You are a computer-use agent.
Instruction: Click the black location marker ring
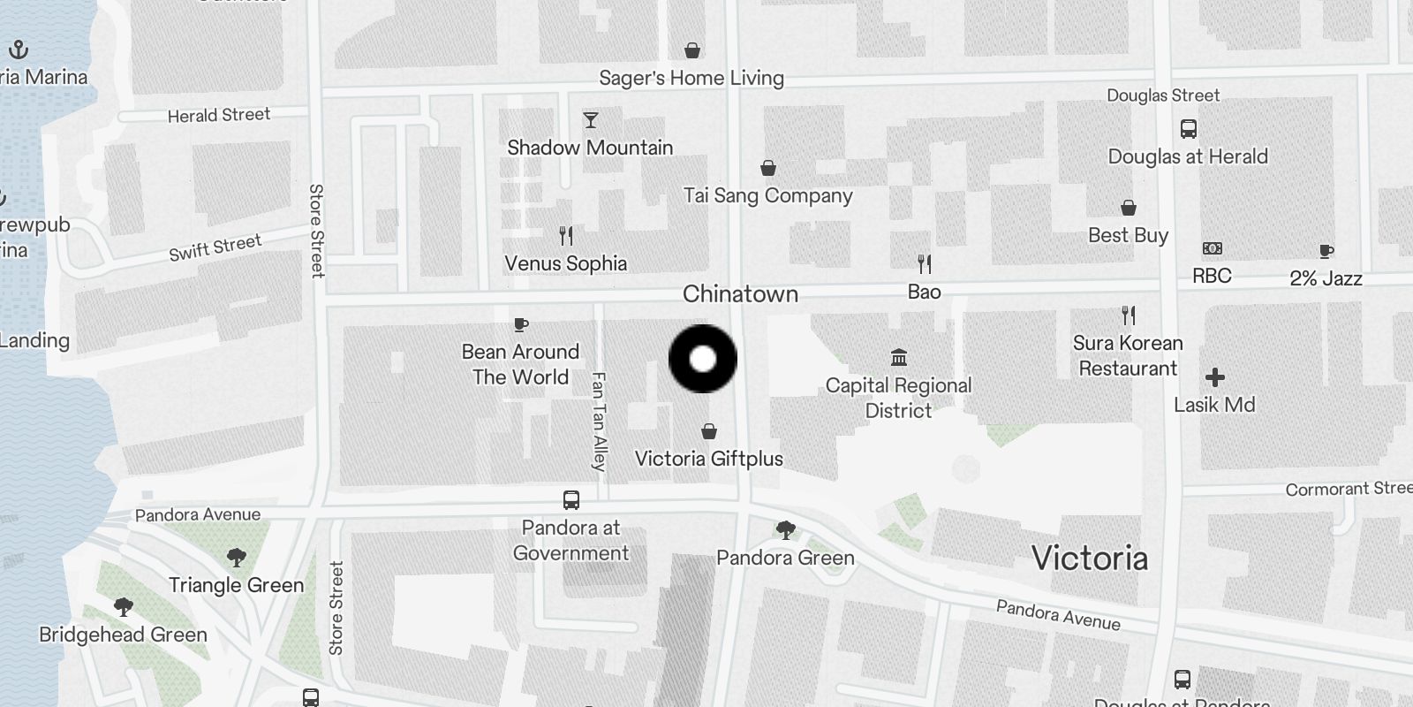[x=703, y=359]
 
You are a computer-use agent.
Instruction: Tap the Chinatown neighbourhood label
[x=740, y=294]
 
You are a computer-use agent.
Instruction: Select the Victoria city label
[x=1090, y=559]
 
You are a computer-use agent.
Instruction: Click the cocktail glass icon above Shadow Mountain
[x=591, y=120]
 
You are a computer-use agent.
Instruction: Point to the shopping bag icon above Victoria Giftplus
[x=708, y=431]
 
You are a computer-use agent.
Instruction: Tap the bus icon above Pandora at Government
[x=571, y=500]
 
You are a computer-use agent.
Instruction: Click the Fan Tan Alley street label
[x=599, y=422]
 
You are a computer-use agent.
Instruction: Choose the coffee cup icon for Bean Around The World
[x=521, y=324]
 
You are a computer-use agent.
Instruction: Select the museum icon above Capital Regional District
[x=899, y=358]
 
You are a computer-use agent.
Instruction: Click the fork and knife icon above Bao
[x=925, y=263]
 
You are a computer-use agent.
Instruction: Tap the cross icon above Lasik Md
[x=1215, y=377]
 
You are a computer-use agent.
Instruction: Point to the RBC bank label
[x=1212, y=276]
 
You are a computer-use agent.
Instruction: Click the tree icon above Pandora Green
[x=785, y=530]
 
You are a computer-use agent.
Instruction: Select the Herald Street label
[x=219, y=115]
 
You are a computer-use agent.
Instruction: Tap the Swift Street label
[x=215, y=247]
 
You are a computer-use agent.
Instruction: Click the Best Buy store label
[x=1128, y=235]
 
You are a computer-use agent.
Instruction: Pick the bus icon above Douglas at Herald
[x=1189, y=129]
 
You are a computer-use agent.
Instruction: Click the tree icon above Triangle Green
[x=236, y=558]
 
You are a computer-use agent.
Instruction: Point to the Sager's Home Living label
[x=691, y=78]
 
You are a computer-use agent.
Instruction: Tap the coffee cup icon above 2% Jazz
[x=1326, y=251]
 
